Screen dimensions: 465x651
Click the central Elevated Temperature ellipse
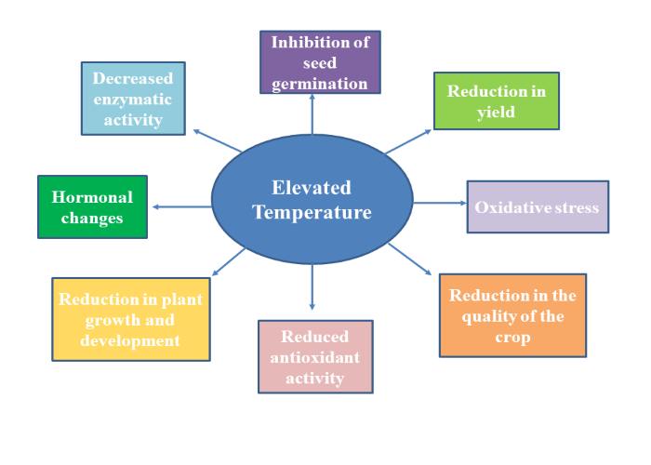coord(312,199)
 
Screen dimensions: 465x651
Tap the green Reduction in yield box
coord(496,100)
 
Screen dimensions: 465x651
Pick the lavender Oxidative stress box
coord(538,206)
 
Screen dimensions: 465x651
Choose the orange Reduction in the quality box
coord(512,315)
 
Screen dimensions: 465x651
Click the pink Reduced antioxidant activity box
coord(314,356)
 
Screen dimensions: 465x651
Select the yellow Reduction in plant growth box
coord(129,319)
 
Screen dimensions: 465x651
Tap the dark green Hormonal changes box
coord(92,206)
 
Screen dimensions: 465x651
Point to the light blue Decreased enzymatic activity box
coord(133,99)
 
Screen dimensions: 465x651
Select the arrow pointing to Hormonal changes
coord(181,206)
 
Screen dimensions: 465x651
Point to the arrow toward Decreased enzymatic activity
coord(216,139)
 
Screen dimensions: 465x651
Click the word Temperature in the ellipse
coord(312,212)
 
